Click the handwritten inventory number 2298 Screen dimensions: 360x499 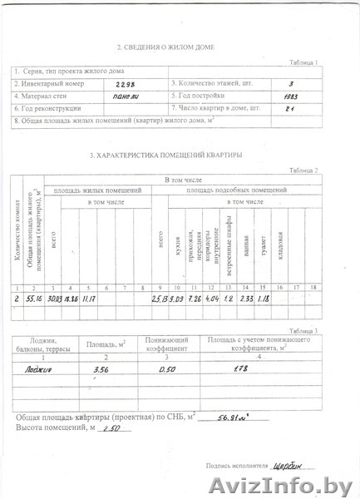(124, 85)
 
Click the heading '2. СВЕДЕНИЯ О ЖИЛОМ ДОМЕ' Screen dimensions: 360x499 (160, 49)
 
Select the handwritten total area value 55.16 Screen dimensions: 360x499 (33, 298)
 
